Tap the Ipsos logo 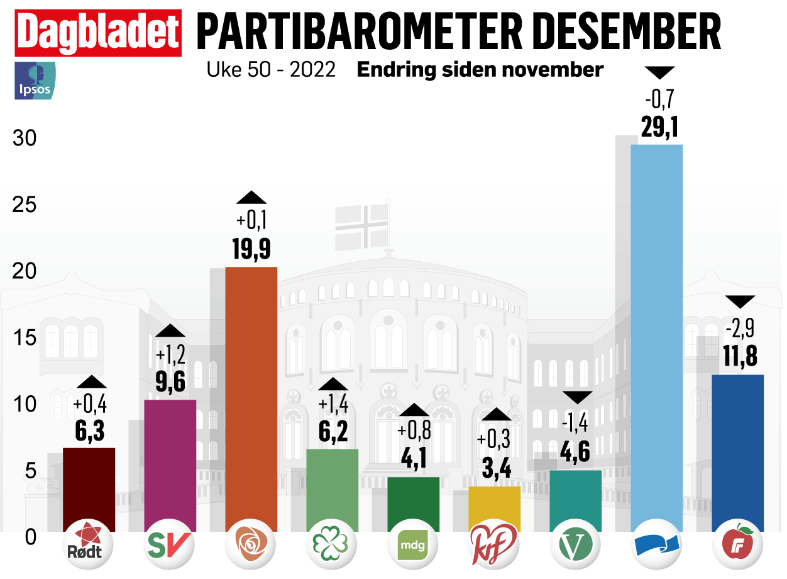[x=35, y=81]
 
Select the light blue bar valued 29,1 [x=656, y=337]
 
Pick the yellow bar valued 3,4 [x=494, y=508]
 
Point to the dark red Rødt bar [x=89, y=489]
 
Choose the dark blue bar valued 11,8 [x=737, y=453]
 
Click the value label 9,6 [x=170, y=381]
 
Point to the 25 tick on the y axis [x=26, y=205]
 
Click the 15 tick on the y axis [x=26, y=337]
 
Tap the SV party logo [x=170, y=546]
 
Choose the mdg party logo [x=413, y=546]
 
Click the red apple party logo [x=737, y=544]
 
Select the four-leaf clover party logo [x=332, y=546]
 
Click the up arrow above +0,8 [x=413, y=410]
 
